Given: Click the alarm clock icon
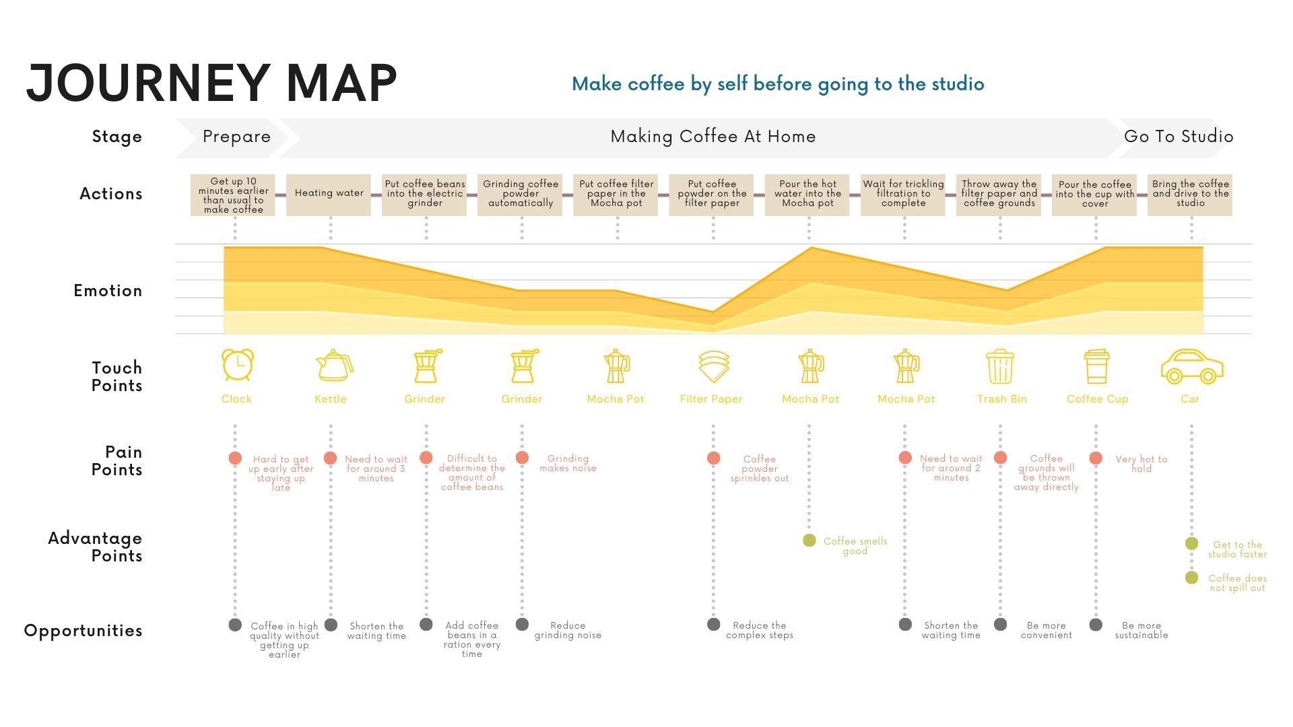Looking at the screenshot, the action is pyautogui.click(x=238, y=366).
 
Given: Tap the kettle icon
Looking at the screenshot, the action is pyautogui.click(x=334, y=366).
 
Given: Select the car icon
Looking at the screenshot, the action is pyautogui.click(x=1191, y=367).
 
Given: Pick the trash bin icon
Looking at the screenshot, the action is pyautogui.click(x=1000, y=366).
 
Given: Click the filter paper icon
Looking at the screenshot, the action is pyautogui.click(x=714, y=366).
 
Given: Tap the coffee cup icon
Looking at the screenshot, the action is pyautogui.click(x=1096, y=366).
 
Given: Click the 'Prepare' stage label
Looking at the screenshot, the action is pyautogui.click(x=237, y=137).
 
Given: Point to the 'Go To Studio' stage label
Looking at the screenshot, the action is pyautogui.click(x=1179, y=137).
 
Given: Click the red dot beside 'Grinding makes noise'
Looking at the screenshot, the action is pyautogui.click(x=522, y=458).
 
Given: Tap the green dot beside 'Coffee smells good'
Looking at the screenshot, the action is pyautogui.click(x=809, y=541).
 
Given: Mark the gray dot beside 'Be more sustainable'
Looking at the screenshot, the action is pyautogui.click(x=1096, y=625).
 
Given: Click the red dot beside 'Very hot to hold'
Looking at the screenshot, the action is pyautogui.click(x=1096, y=458).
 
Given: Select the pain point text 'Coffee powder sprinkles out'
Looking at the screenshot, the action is pyautogui.click(x=760, y=469).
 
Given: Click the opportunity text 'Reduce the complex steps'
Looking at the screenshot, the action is pyautogui.click(x=760, y=630).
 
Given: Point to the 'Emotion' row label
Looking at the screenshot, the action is pyautogui.click(x=108, y=291).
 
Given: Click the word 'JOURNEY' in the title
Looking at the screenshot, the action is pyautogui.click(x=147, y=83).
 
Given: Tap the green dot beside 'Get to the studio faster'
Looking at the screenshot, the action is pyautogui.click(x=1191, y=543).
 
